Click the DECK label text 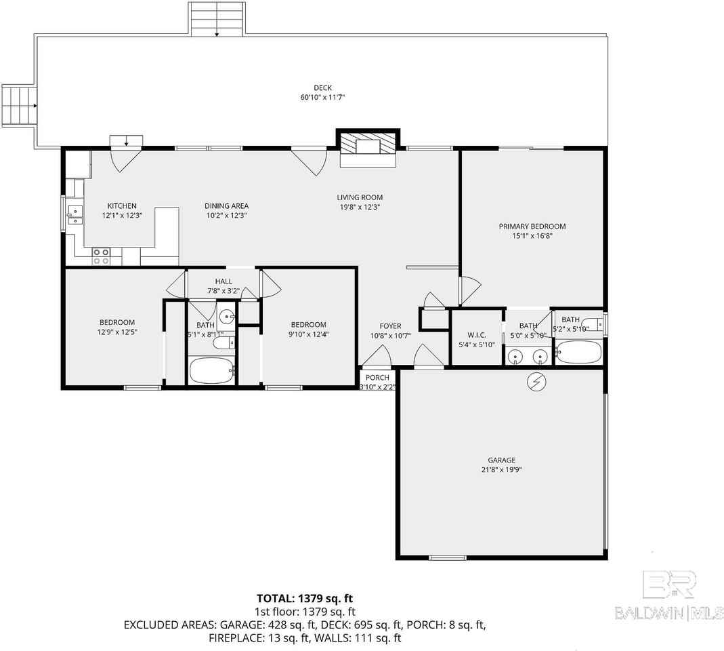coord(322,87)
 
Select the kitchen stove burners coord(102,256)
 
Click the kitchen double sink coord(74,216)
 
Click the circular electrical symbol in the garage coord(537,383)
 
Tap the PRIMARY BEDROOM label coord(532,226)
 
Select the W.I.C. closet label coord(477,334)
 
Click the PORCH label coord(377,378)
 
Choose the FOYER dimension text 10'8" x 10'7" coord(390,336)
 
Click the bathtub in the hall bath coord(211,371)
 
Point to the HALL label coord(223,281)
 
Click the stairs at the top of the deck coord(216,19)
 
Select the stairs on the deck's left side coord(19,105)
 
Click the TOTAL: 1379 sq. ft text coord(305,598)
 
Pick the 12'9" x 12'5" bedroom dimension coord(116,332)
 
